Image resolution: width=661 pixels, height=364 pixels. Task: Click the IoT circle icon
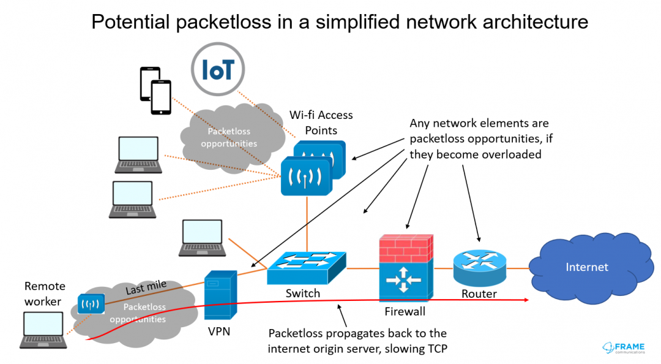point(217,69)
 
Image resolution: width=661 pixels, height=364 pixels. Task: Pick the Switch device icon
point(307,267)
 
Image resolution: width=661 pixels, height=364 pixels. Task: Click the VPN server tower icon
point(220,295)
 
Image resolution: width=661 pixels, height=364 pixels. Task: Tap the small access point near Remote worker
point(91,303)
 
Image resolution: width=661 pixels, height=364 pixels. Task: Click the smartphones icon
point(155,90)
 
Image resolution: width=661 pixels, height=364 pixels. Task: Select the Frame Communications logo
point(624,347)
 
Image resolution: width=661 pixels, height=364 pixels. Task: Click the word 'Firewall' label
point(405,312)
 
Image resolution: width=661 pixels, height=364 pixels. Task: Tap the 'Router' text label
point(479,294)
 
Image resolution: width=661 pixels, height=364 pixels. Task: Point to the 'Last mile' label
point(146,287)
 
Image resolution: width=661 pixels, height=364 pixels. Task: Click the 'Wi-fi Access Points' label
point(321,123)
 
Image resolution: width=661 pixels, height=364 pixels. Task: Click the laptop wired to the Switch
point(202,238)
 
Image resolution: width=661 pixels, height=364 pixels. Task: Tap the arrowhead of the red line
point(526,300)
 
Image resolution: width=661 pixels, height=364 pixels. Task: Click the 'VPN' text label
point(219,332)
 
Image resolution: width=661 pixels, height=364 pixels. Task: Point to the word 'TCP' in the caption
point(436,349)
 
